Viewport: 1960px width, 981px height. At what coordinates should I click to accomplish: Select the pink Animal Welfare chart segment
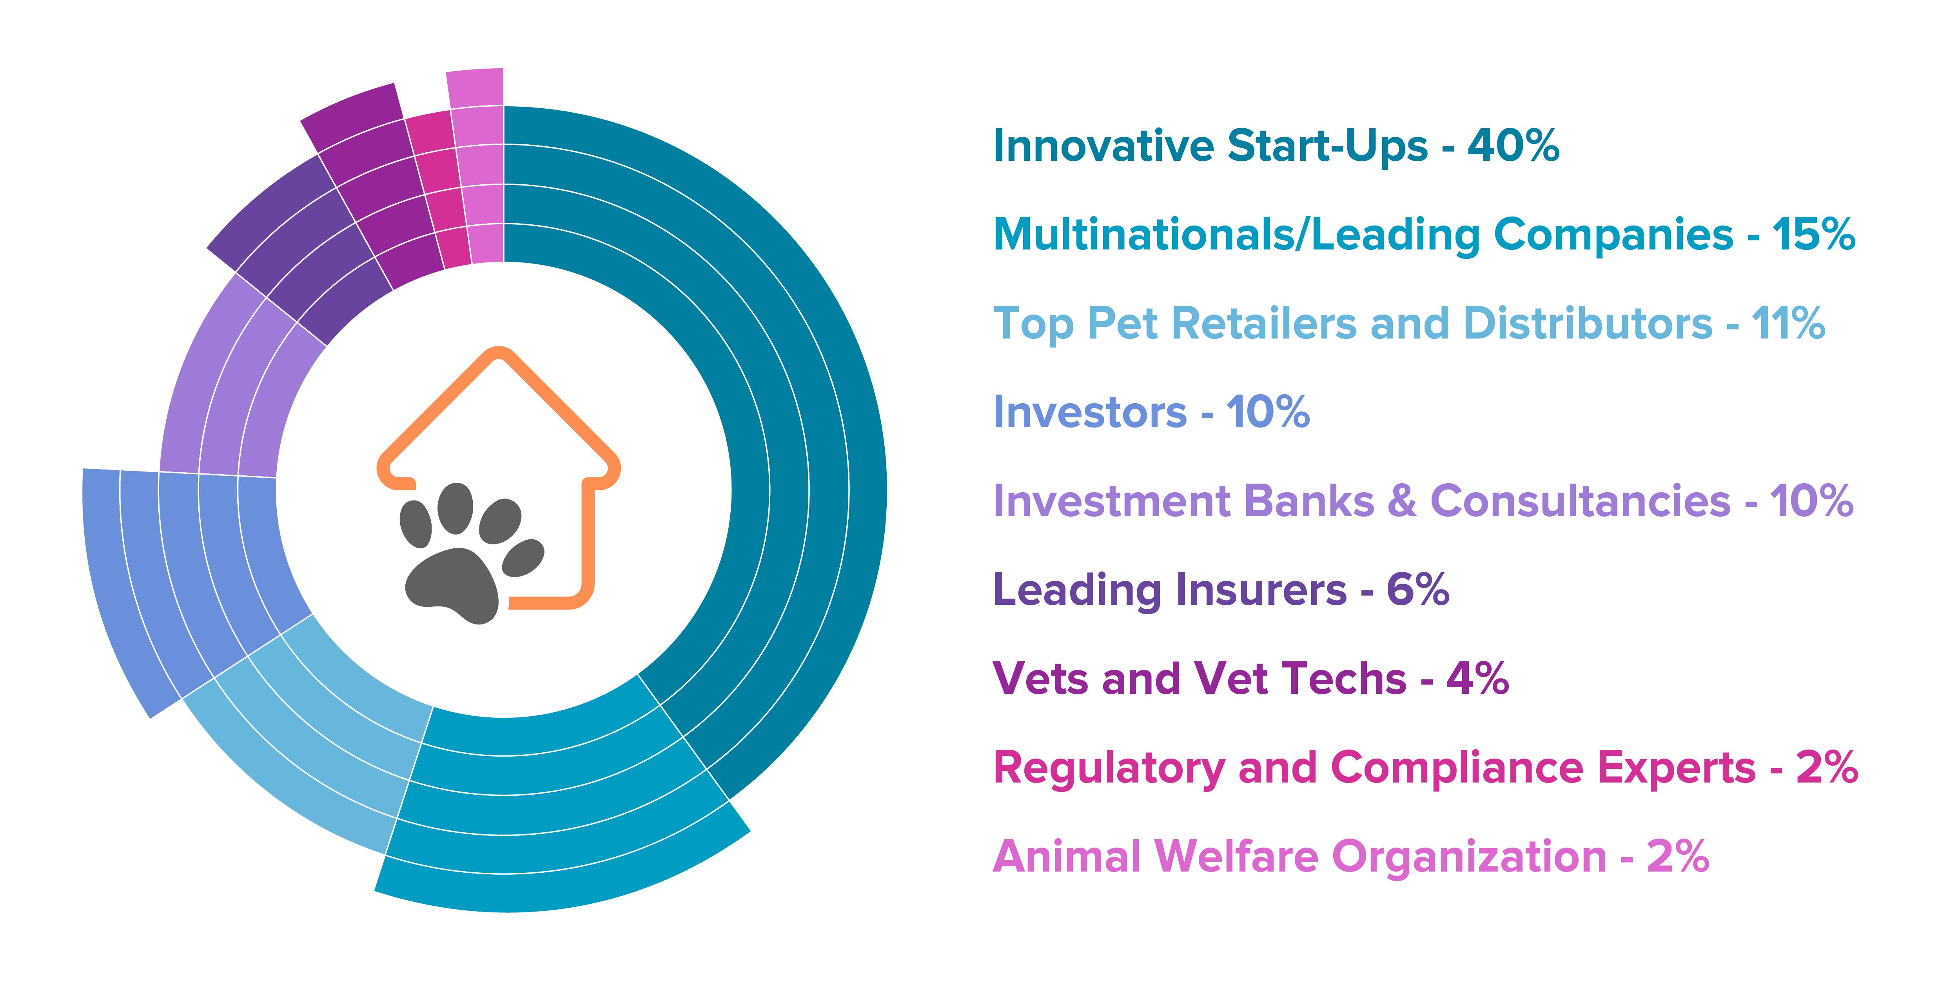click(x=479, y=167)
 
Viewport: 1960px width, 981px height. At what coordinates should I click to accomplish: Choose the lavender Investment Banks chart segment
click(x=221, y=380)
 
